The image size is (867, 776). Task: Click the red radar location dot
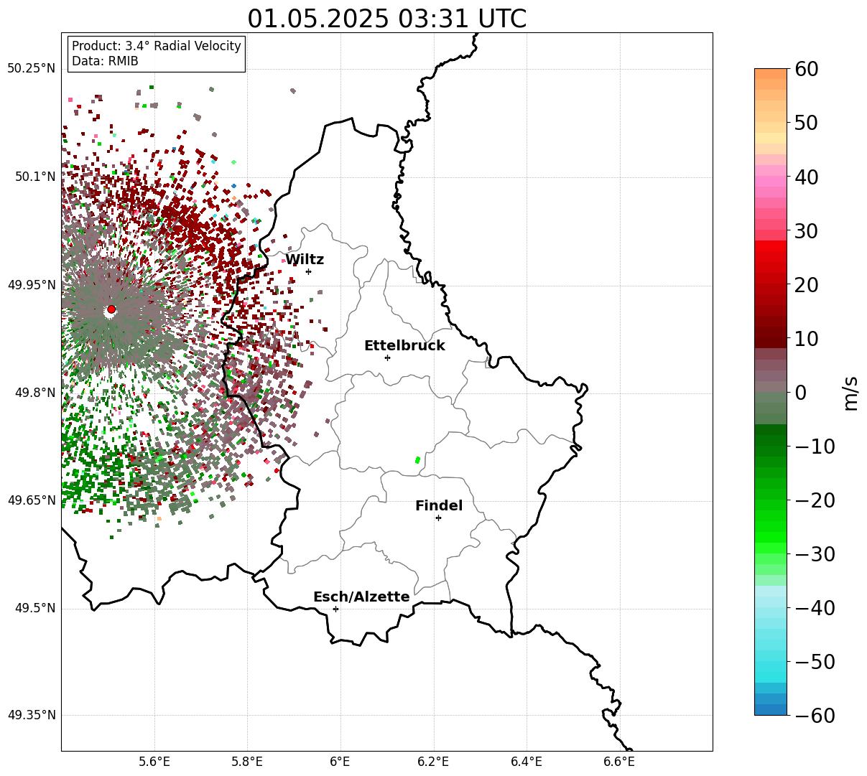(x=111, y=309)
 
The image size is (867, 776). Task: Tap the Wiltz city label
(x=305, y=259)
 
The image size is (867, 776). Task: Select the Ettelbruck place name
(x=404, y=345)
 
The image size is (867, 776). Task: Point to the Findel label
(x=439, y=505)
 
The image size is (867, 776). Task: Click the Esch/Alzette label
(x=361, y=597)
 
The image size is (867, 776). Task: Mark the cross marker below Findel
(x=438, y=518)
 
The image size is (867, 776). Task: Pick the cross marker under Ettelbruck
(x=387, y=357)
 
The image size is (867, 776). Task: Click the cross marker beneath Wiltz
(x=308, y=271)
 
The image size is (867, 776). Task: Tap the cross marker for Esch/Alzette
(x=335, y=609)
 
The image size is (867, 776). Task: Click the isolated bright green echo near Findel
(x=417, y=460)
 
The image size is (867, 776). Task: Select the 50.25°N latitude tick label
(x=31, y=68)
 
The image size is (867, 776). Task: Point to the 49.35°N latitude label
(x=32, y=715)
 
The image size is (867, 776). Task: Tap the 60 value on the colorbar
(x=806, y=69)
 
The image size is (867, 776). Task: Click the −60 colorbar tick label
(x=815, y=716)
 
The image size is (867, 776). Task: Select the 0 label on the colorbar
(x=801, y=392)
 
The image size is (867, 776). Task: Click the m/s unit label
(x=851, y=393)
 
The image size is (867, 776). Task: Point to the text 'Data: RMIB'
(x=105, y=61)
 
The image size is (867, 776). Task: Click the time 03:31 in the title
(x=433, y=19)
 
